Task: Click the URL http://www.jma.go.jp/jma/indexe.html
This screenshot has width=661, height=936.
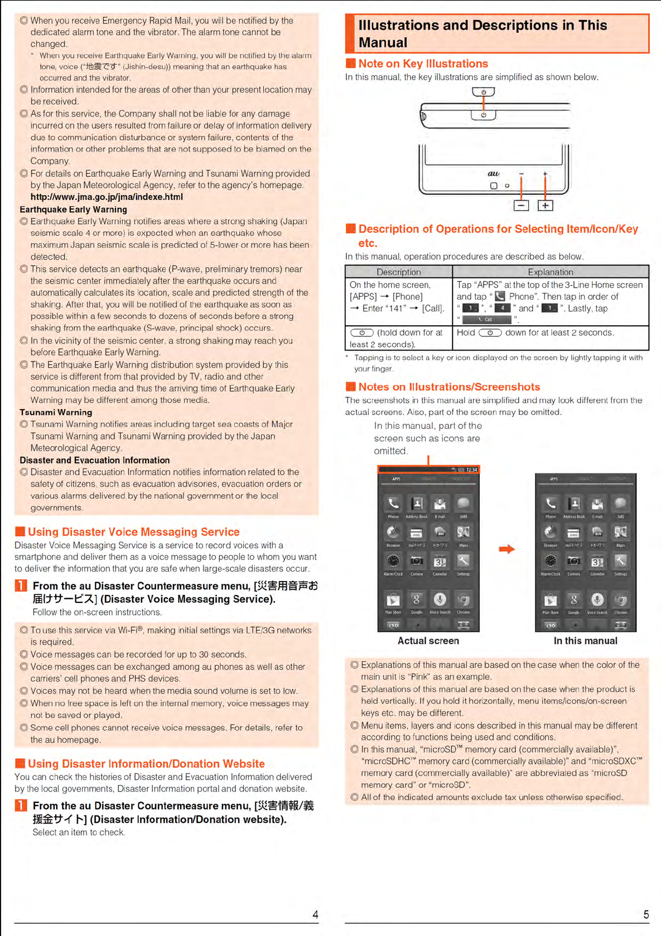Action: tap(107, 197)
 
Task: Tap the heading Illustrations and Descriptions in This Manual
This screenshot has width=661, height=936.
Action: tap(483, 33)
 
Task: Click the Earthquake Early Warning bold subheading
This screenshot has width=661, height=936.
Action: tap(73, 209)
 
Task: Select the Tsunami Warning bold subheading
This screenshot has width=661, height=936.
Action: tap(56, 412)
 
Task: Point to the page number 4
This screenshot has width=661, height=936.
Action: tap(315, 914)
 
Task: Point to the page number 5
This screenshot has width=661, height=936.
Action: tap(646, 914)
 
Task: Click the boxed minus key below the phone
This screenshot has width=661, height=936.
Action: tap(521, 206)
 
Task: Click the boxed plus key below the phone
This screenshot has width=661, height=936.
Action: tap(545, 206)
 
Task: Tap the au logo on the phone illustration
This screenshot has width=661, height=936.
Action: tap(493, 174)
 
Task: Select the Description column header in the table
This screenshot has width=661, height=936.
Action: tap(398, 272)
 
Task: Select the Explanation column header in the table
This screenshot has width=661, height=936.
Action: tap(551, 272)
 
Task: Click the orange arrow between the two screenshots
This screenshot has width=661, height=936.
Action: tap(506, 549)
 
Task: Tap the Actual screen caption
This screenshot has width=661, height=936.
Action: tap(428, 641)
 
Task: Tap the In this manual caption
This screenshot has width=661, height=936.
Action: tap(585, 641)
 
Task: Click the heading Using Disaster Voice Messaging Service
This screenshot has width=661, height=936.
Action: tap(133, 532)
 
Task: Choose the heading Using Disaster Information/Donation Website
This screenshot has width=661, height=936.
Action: tap(146, 764)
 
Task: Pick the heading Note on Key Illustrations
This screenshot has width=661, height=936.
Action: tap(423, 64)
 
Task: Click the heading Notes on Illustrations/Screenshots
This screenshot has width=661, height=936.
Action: tap(449, 387)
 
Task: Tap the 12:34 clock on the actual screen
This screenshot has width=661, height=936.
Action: tap(472, 470)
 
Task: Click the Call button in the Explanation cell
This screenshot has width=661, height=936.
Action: tap(486, 320)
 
